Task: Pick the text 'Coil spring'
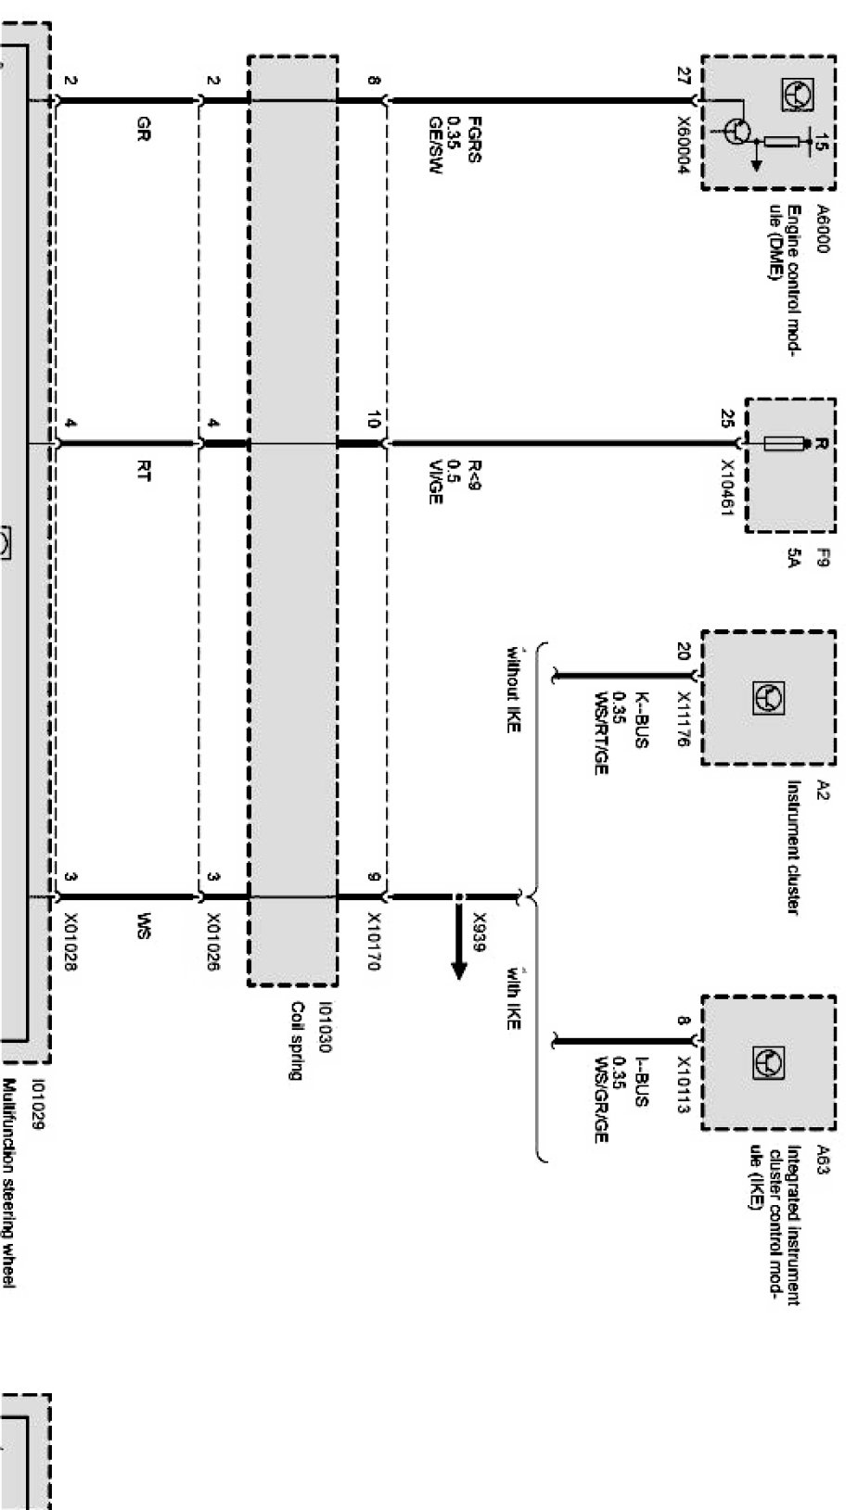(298, 1041)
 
